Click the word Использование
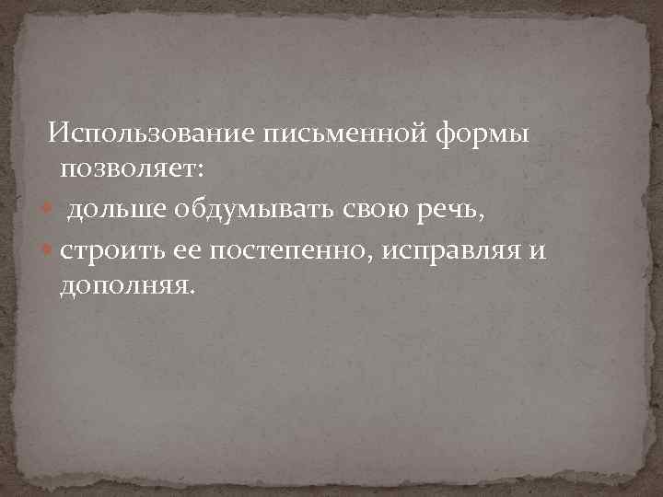(x=152, y=133)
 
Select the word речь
(x=446, y=212)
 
